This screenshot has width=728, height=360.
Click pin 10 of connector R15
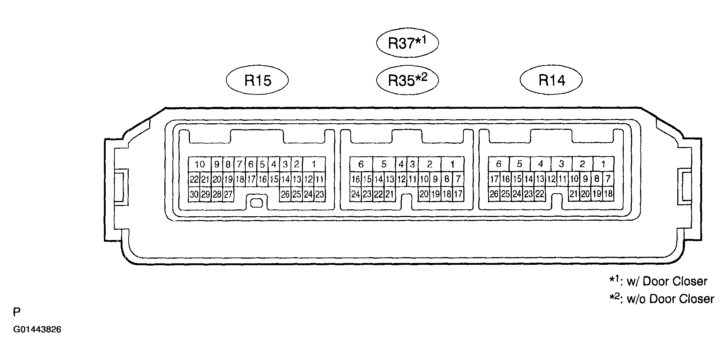(x=200, y=164)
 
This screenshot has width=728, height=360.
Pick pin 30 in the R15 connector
(x=194, y=194)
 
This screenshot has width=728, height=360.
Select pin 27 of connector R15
(x=228, y=194)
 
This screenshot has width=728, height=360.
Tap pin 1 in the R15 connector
(x=314, y=164)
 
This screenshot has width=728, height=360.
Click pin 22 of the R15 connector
(x=194, y=179)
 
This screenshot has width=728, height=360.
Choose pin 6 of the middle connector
(x=361, y=164)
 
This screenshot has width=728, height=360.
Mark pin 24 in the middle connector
(x=355, y=194)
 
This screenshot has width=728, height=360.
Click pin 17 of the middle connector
(x=458, y=194)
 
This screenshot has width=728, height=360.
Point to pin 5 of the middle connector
(x=384, y=164)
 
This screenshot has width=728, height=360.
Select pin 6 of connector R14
(x=499, y=164)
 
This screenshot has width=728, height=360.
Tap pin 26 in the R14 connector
(x=494, y=194)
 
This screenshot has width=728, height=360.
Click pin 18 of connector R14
(x=608, y=194)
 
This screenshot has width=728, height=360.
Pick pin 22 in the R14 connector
(x=540, y=194)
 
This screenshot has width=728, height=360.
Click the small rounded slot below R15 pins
(x=257, y=202)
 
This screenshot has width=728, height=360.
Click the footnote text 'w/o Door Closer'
(x=670, y=299)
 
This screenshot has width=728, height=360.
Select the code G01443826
(x=37, y=330)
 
